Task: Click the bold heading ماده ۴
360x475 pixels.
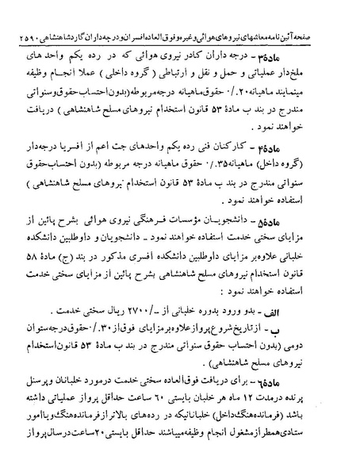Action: click(x=330, y=151)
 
